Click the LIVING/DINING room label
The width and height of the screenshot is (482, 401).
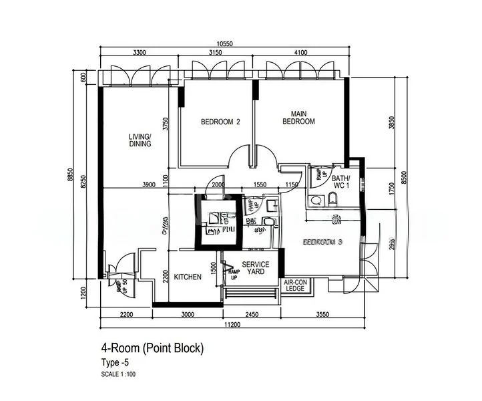pos(140,140)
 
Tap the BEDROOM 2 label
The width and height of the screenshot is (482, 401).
pos(220,122)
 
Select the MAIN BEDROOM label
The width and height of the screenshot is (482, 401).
pos(298,118)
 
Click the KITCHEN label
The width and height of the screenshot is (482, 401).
pos(188,277)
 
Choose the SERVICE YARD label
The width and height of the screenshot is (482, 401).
pos(256,268)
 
